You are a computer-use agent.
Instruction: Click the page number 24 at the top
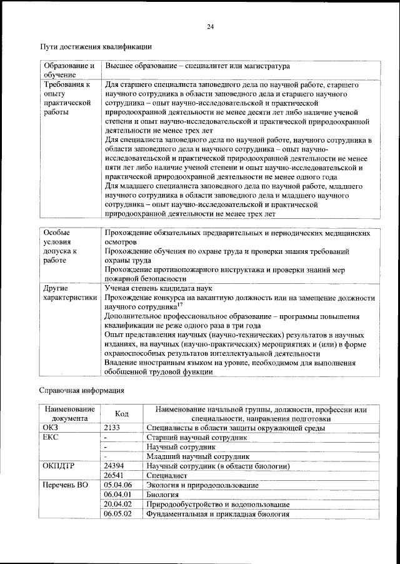click(x=210, y=26)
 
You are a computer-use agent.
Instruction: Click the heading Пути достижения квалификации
click(x=96, y=47)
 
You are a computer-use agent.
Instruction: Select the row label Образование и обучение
click(x=68, y=70)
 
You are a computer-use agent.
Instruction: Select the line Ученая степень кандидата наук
click(x=158, y=288)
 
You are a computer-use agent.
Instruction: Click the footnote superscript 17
click(x=179, y=305)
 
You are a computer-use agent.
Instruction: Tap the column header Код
click(x=122, y=414)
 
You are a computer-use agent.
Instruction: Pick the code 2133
click(x=112, y=428)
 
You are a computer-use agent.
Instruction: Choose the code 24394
click(x=114, y=466)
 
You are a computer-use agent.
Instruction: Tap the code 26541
click(x=114, y=475)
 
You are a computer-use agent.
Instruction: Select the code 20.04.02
click(x=117, y=504)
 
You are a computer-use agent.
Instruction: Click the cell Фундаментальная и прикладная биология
click(x=217, y=513)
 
